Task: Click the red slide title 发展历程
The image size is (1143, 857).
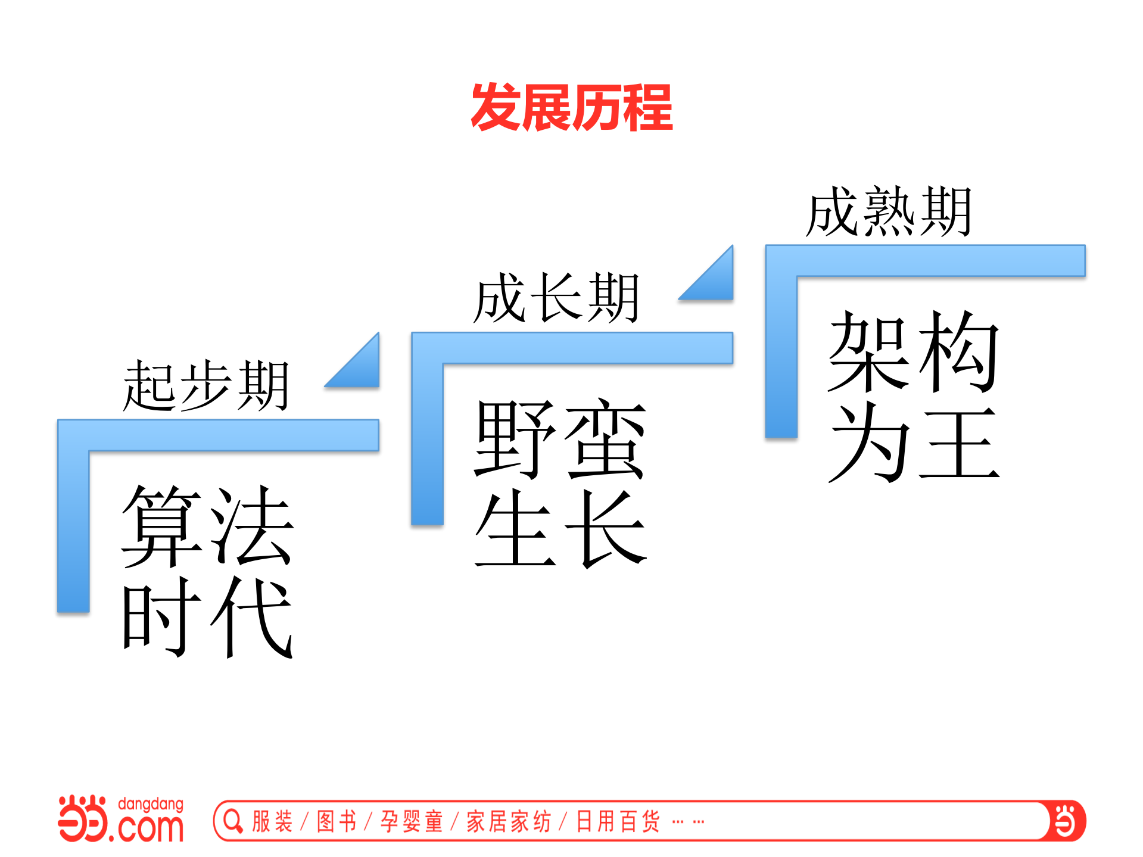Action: point(571,107)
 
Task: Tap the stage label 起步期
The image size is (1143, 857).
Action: point(205,385)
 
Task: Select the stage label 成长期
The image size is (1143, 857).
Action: point(556,298)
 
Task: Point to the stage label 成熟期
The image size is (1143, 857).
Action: point(889,211)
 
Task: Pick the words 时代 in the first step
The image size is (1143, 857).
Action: point(207,616)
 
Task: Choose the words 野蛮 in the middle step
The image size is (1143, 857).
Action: point(560,439)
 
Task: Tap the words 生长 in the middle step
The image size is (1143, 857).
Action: point(560,528)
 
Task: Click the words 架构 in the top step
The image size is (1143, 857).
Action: point(913,351)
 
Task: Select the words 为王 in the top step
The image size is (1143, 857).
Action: point(913,442)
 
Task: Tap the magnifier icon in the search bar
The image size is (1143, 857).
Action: point(233,821)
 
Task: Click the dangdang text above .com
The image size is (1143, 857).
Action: point(151,805)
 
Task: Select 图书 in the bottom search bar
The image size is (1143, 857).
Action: point(337,821)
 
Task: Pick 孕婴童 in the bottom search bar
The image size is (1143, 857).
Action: point(412,821)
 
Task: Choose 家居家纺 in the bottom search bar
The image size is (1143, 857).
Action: point(509,821)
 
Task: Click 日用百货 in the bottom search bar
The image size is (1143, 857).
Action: point(618,821)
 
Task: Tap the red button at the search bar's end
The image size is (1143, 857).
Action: point(1066,821)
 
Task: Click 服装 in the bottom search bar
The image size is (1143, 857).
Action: point(272,821)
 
